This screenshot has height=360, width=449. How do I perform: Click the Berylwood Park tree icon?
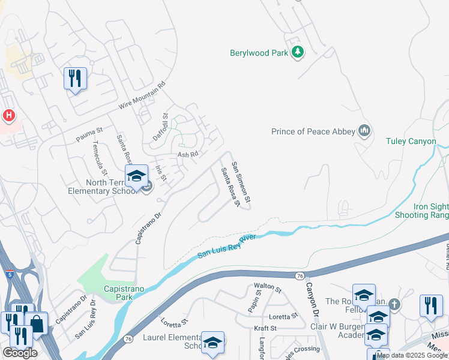pos(297,53)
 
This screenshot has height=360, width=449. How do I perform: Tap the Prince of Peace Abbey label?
pos(312,131)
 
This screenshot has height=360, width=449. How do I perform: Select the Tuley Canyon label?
pos(411,142)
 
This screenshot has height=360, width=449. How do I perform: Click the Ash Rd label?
pos(187,154)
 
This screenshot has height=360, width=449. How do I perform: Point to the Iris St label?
pos(160,173)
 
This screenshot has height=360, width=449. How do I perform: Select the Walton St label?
pos(268,289)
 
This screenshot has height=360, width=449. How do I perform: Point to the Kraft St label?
pos(265,328)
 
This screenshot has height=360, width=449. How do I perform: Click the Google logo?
pos(20,353)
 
